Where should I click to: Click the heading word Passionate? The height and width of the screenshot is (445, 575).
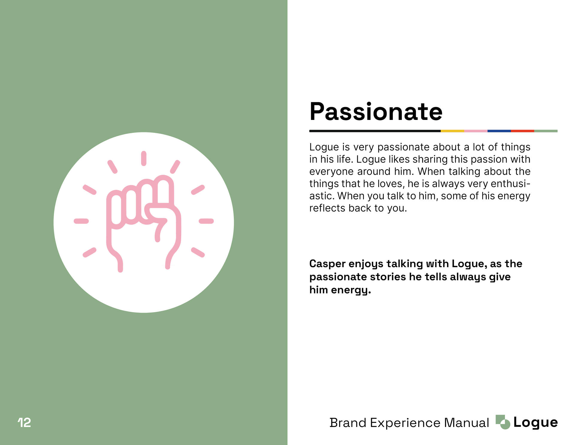tap(376, 112)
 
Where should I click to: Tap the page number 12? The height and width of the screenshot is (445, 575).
tap(24, 423)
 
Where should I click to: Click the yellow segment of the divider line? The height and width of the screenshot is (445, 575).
tap(452, 131)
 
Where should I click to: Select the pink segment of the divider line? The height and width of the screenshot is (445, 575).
tap(476, 131)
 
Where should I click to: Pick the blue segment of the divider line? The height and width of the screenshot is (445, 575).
tap(499, 131)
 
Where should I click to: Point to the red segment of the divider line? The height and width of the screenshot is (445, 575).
tap(523, 131)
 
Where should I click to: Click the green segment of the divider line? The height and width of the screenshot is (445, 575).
tap(546, 131)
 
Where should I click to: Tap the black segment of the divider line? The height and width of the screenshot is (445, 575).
tap(375, 131)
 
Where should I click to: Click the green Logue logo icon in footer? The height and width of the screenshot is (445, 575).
tap(503, 422)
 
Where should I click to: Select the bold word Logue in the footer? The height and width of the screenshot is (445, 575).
tap(536, 423)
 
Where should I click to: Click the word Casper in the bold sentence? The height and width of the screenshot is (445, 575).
tap(328, 264)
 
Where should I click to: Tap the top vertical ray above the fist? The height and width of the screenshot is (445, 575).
tap(144, 158)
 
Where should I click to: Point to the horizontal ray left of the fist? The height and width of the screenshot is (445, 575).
tap(81, 221)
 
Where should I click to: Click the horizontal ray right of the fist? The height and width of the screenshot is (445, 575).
tap(206, 221)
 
